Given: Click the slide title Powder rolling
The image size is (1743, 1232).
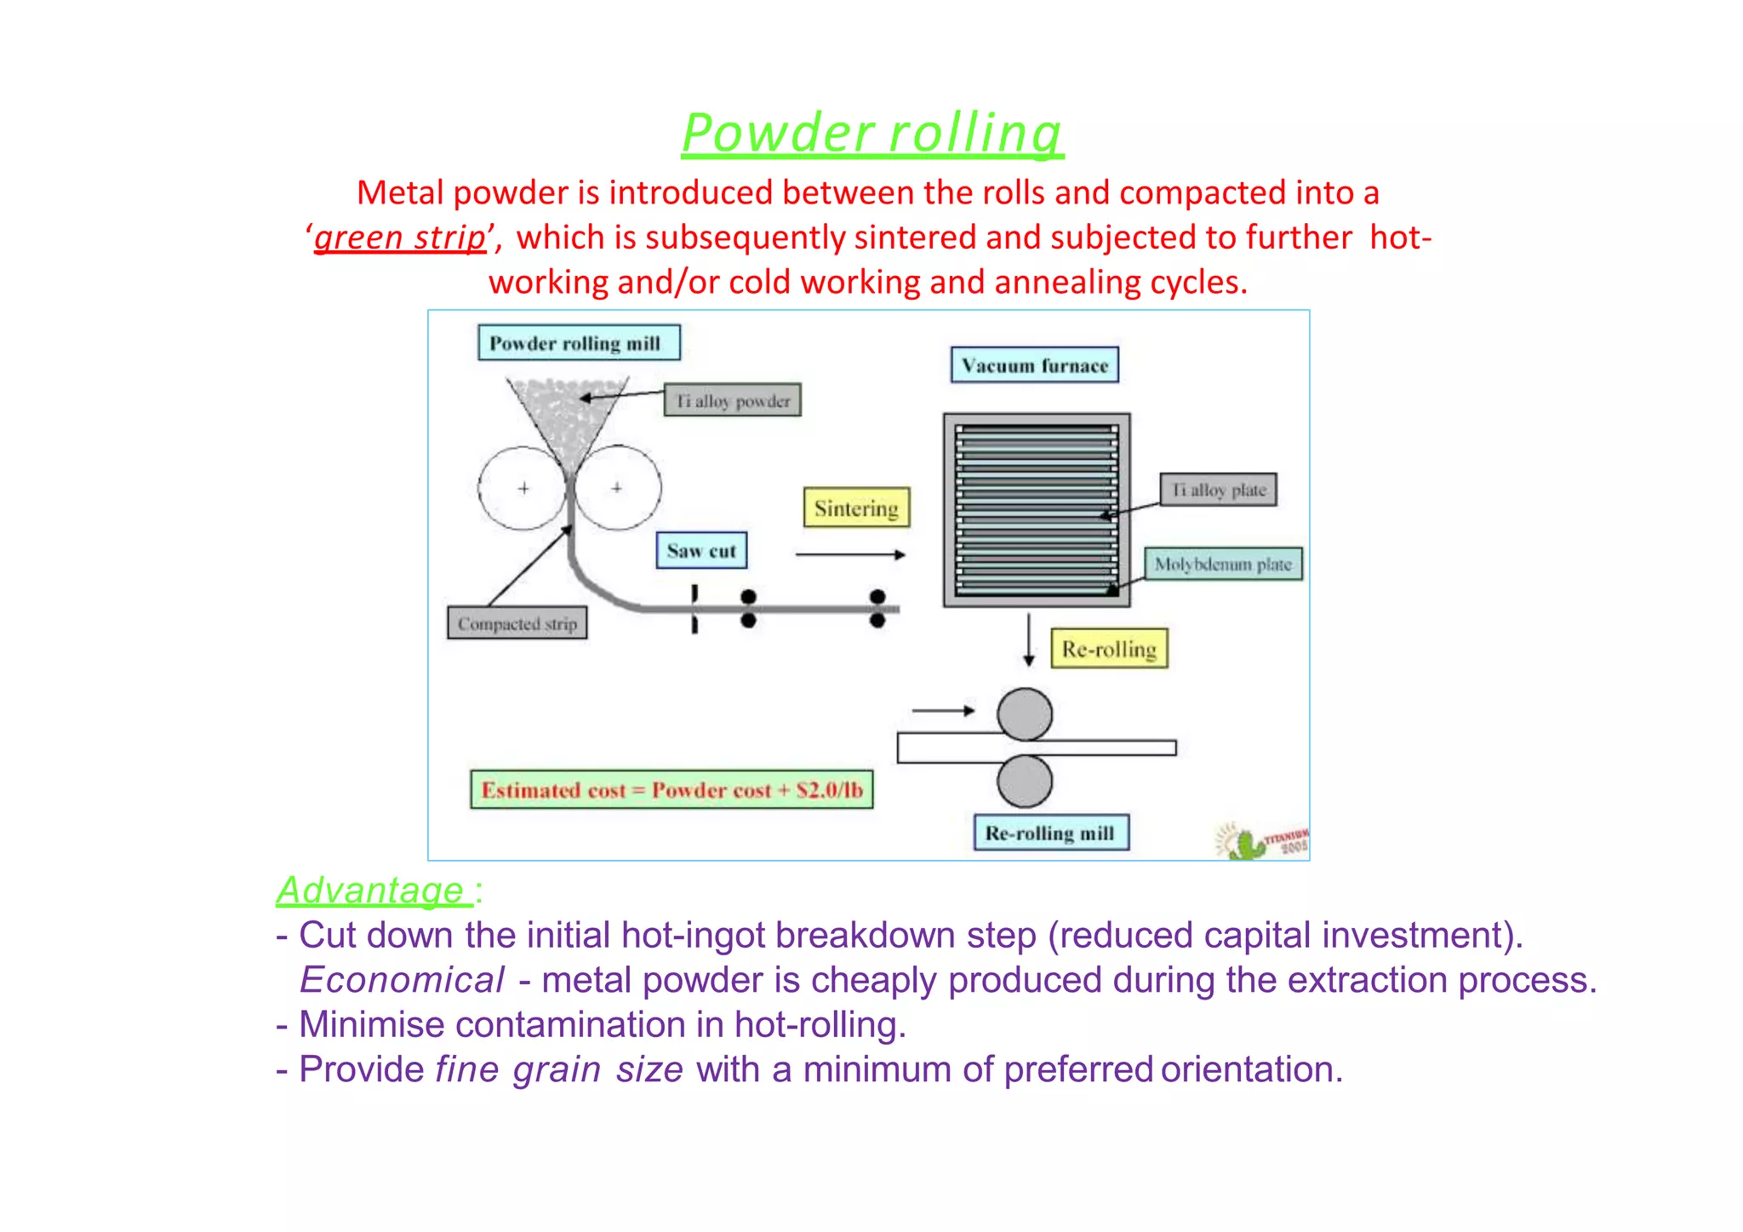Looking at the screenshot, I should pos(872,134).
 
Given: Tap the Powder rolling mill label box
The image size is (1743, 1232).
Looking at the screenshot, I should pos(579,343).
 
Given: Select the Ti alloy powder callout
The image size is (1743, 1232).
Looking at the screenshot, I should pos(733,400).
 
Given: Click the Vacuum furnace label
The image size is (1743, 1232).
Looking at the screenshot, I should pos(1034,365).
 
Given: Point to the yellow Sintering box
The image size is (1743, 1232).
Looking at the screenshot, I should pos(856,508).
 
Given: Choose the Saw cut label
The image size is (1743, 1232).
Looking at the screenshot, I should pos(701,551).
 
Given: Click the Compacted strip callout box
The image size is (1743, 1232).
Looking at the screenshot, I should pos(517,623).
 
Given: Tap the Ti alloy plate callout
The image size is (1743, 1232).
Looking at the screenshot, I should pos(1219,490).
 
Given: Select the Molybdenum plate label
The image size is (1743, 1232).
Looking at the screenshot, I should pos(1223,564).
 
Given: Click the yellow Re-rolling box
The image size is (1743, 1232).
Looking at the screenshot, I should pos(1109,649).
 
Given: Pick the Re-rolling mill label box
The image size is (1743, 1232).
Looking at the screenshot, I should pos(1050,833).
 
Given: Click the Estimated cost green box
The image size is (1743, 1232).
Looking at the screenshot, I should pos(671,790).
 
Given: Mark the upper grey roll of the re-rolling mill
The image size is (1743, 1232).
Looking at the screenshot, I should pos(1025,713).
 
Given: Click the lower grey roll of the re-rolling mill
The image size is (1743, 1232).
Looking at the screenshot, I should pos(1025,781).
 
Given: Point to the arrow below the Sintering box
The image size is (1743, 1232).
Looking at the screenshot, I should pos(849,554).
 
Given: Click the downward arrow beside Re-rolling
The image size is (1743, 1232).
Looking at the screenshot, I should pos(1029,639).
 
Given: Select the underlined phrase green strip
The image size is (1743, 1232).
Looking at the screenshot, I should pos(400,238).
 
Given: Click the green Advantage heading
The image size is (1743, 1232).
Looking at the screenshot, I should pos(371,891).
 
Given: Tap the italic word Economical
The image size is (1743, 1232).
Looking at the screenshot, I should pos(403,980).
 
